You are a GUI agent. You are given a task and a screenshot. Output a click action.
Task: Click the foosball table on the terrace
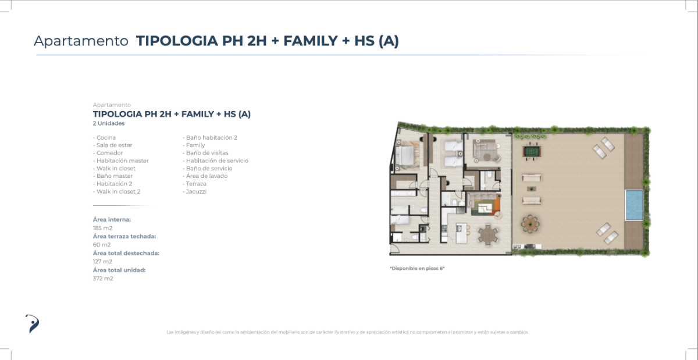click(x=532, y=152)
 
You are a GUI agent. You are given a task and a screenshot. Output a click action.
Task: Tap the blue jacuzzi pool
click(x=635, y=205)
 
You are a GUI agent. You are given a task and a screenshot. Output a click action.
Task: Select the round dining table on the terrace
click(x=530, y=224)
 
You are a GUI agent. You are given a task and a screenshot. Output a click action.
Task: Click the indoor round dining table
click(x=488, y=235)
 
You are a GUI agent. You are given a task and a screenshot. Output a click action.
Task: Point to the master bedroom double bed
click(x=404, y=155)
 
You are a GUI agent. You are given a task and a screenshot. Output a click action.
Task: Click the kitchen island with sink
click(x=462, y=233)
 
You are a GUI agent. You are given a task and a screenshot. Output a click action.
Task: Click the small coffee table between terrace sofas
click(x=532, y=189)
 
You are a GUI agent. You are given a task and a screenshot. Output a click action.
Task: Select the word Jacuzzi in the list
click(x=196, y=191)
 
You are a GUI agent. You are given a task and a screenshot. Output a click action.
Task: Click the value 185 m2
click(x=102, y=228)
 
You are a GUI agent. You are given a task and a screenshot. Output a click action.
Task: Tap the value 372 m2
click(x=103, y=279)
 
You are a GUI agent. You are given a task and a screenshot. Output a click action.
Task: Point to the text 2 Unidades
click(x=108, y=123)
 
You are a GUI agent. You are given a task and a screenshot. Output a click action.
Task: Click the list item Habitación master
click(x=122, y=161)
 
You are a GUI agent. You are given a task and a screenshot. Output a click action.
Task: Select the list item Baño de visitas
click(x=207, y=153)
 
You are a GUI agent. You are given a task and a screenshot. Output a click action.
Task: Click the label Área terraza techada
click(x=124, y=236)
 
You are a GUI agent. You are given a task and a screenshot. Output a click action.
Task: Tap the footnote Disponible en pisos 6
click(x=417, y=268)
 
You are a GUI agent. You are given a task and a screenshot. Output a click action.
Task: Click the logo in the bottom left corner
click(x=33, y=324)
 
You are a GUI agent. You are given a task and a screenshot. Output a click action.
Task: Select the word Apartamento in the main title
click(x=81, y=41)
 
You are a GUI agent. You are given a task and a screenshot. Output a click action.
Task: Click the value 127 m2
click(x=102, y=262)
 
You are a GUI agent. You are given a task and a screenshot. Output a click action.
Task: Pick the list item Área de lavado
click(x=206, y=176)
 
